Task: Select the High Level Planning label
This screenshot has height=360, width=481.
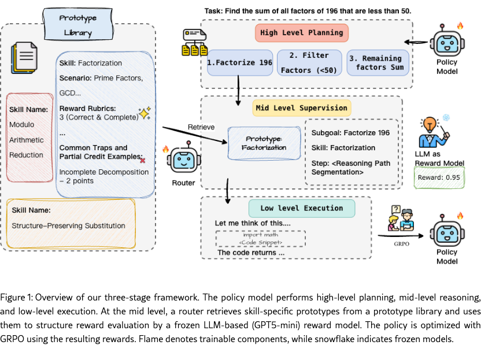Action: pyautogui.click(x=302, y=32)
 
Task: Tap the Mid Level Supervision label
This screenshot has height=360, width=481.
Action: pyautogui.click(x=301, y=108)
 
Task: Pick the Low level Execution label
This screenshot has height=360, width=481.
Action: pyautogui.click(x=302, y=208)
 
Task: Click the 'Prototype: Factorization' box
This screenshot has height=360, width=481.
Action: pyautogui.click(x=265, y=143)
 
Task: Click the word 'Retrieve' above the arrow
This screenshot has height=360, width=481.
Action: pyautogui.click(x=202, y=127)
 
